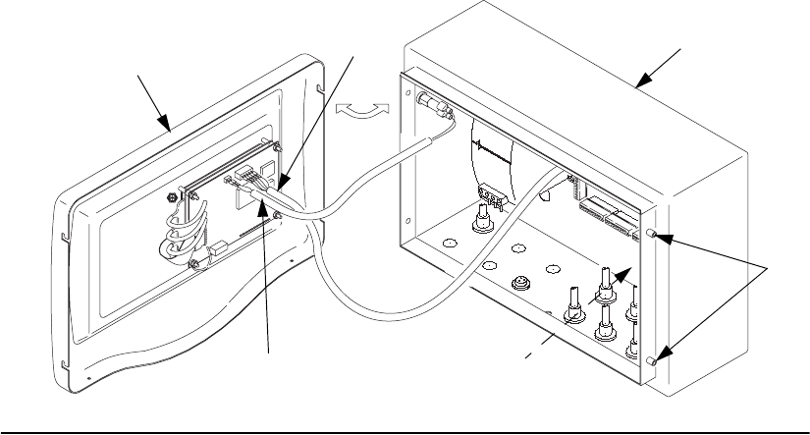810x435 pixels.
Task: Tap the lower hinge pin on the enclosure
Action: click(652, 362)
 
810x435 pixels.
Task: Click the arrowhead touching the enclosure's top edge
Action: click(642, 82)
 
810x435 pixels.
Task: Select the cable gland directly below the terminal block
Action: click(483, 225)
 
